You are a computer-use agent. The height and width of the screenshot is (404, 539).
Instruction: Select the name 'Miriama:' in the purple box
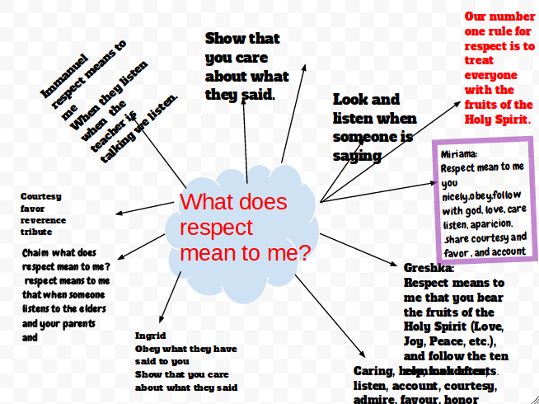459,153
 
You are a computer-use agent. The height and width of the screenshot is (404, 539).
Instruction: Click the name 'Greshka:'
429,268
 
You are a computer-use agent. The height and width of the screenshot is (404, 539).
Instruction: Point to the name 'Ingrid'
150,336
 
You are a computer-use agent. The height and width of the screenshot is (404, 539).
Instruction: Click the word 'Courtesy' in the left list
41,196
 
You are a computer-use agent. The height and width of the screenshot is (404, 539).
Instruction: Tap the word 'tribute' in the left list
36,232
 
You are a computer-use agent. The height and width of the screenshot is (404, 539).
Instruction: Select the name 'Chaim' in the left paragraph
37,252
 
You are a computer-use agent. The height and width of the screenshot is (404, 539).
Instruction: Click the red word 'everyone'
491,75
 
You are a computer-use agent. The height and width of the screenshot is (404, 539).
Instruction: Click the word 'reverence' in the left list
43,220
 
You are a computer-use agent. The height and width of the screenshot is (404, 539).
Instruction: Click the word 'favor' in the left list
33,209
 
